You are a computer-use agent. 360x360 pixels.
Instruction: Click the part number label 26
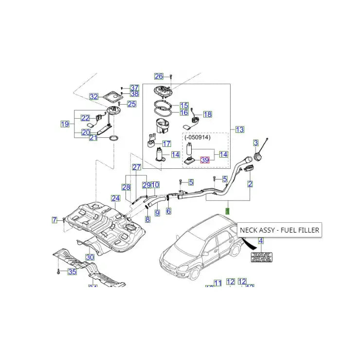pyautogui.click(x=159, y=76)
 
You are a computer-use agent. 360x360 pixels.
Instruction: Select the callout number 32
pyautogui.click(x=93, y=96)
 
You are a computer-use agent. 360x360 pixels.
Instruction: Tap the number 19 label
pyautogui.click(x=65, y=124)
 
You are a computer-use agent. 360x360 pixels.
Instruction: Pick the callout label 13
pyautogui.click(x=239, y=129)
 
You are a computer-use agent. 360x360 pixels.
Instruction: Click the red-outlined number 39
pyautogui.click(x=205, y=160)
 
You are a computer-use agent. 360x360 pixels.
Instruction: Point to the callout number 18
pyautogui.click(x=208, y=114)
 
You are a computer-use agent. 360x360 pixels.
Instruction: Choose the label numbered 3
pyautogui.click(x=255, y=143)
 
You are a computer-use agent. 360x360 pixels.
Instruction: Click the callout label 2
pyautogui.click(x=250, y=184)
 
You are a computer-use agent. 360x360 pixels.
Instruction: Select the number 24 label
pyautogui.click(x=115, y=198)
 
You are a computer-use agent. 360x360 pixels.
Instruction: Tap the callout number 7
pyautogui.click(x=55, y=220)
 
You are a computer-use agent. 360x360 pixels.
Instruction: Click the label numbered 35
pyautogui.click(x=72, y=271)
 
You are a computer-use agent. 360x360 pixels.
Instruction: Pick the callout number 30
pyautogui.click(x=90, y=257)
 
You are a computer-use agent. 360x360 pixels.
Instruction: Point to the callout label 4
pyautogui.click(x=260, y=241)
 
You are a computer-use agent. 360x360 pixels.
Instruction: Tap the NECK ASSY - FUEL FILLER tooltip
pyautogui.click(x=279, y=230)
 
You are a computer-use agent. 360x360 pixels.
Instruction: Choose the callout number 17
pyautogui.click(x=166, y=144)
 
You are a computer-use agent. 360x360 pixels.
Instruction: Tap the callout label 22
pyautogui.click(x=85, y=118)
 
